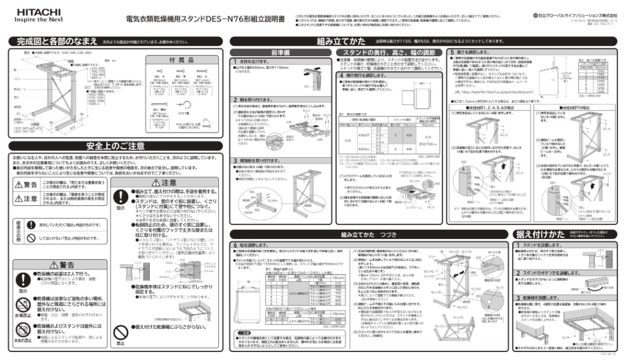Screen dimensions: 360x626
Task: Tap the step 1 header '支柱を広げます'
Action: tap(251, 62)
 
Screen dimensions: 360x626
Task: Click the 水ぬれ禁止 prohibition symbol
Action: tap(21, 331)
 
